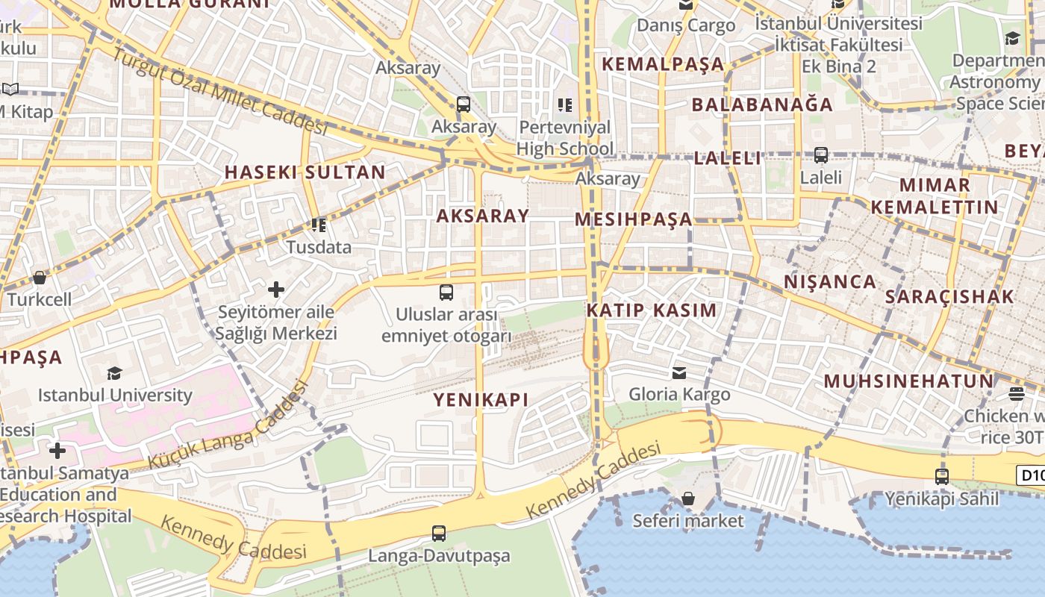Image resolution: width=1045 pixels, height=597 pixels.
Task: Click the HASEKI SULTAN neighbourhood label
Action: coord(305,172)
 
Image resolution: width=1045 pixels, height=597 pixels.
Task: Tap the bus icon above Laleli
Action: coord(821,155)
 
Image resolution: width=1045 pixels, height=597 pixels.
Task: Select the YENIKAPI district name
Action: coord(481,400)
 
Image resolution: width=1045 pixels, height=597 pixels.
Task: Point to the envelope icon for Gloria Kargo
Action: coord(679,372)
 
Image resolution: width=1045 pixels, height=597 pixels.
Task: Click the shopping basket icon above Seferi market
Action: coord(688,498)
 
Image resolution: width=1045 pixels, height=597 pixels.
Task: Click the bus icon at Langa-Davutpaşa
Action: coord(439,534)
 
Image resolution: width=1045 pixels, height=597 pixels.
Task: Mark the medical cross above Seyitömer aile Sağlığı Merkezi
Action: coord(276,289)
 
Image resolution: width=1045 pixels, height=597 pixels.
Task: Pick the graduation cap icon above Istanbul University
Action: coord(114,372)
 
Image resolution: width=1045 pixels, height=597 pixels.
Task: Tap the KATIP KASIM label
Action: coord(651,310)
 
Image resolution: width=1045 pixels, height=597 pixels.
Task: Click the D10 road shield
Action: coord(1031,475)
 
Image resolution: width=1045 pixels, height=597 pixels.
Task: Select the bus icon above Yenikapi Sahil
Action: coord(942,476)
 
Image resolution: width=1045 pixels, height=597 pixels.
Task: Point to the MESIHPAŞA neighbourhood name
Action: coord(634,220)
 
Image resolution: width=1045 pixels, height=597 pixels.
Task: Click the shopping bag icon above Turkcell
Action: coord(40,278)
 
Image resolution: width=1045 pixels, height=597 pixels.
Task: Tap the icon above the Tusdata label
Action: coord(319,225)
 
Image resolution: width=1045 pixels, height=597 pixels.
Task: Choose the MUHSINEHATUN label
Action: coord(908,381)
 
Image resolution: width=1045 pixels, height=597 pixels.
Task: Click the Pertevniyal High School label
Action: coord(564,138)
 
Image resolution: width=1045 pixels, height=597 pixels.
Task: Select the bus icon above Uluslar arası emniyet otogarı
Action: coord(446,292)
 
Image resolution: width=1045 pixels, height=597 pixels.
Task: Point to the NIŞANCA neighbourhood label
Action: coord(830,282)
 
